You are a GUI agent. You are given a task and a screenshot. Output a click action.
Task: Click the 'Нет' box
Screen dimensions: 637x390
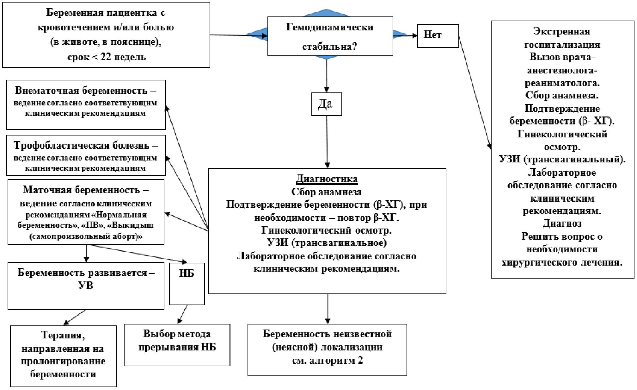point(438,36)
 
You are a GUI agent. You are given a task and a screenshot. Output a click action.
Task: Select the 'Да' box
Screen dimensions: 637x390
point(327,104)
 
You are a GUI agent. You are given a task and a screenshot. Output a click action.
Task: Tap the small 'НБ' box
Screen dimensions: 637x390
point(187,284)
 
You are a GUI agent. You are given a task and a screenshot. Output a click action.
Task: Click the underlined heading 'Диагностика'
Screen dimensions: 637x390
point(327,179)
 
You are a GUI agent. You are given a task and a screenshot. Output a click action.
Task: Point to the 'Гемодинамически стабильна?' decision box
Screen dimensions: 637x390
point(330,36)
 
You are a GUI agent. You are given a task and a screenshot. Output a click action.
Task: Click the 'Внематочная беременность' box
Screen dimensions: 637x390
point(86,105)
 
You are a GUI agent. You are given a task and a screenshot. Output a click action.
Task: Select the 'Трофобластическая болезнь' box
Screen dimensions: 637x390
point(86,155)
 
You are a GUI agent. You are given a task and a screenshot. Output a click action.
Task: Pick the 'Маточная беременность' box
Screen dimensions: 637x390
point(86,212)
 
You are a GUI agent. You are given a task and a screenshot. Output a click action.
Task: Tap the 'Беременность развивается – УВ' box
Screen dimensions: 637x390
point(86,286)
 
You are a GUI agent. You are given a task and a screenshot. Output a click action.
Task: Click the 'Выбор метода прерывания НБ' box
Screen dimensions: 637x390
point(177,345)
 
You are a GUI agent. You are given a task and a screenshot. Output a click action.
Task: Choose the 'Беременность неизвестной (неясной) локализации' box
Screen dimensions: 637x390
point(327,350)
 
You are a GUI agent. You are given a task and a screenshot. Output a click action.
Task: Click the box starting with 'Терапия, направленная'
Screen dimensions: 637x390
point(63,356)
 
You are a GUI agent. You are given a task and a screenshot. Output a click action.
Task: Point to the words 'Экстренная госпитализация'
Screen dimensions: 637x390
point(562,38)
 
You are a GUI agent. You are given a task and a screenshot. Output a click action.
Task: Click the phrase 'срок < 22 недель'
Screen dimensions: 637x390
point(107,57)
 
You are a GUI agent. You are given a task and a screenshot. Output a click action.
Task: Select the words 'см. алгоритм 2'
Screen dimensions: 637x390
point(327,361)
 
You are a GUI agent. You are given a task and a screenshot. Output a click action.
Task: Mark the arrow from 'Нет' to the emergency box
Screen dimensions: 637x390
point(475,92)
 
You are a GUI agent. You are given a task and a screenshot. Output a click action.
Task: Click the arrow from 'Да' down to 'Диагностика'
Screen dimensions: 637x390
point(327,142)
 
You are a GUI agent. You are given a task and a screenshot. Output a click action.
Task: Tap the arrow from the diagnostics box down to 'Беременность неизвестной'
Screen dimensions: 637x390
point(328,309)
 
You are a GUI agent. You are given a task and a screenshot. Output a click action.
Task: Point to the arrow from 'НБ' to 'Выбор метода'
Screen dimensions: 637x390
point(182,314)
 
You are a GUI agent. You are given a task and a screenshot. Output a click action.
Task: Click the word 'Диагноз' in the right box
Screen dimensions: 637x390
point(562,223)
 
